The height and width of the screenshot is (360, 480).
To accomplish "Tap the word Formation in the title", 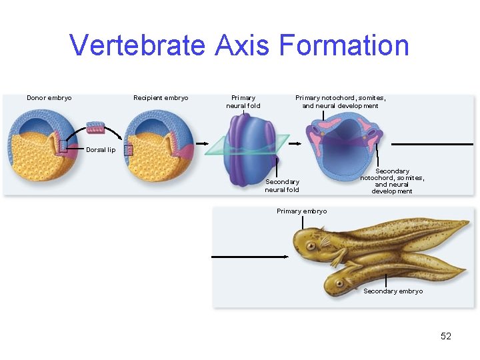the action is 344,45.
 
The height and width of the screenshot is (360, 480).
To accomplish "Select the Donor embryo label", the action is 49,98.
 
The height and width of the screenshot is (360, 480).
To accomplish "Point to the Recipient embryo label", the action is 161,98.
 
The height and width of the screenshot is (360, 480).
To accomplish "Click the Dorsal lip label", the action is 101,150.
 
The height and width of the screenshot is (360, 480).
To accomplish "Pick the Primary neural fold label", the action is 243,101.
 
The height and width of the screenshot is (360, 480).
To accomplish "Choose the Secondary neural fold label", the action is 282,185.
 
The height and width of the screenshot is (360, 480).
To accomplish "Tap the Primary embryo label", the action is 301,211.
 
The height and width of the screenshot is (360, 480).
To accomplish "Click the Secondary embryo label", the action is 393,291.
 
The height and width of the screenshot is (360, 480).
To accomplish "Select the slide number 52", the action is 446,336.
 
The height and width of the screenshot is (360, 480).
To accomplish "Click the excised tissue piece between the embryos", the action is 95,128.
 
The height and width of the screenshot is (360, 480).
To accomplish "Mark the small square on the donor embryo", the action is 62,147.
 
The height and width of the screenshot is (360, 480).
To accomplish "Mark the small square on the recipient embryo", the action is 129,151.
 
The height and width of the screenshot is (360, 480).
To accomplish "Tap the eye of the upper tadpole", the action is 310,245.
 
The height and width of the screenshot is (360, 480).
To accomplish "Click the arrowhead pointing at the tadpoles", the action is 286,256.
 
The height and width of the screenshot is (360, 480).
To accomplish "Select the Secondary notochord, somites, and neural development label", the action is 392,181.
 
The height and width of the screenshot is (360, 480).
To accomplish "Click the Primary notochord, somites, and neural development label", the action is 340,101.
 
